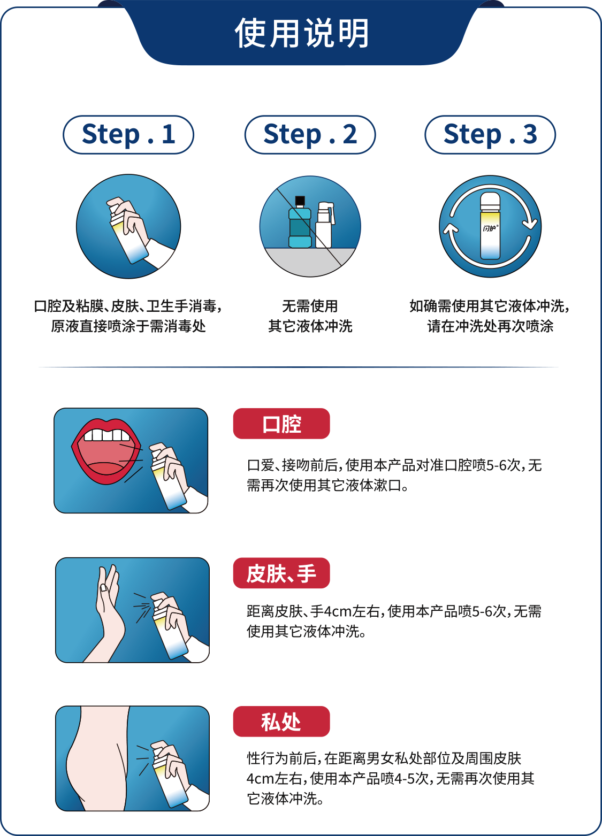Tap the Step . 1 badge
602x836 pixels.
(x=128, y=134)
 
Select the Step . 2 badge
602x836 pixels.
(x=310, y=134)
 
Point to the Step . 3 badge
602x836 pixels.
(x=490, y=134)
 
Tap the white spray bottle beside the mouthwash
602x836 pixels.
(x=324, y=225)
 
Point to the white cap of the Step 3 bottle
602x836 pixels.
(x=490, y=202)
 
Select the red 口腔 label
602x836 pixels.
(x=281, y=424)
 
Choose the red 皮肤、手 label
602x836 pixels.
(x=281, y=573)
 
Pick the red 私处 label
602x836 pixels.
(x=281, y=722)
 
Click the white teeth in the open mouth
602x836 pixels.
(x=107, y=435)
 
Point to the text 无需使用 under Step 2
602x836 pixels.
(x=310, y=306)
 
